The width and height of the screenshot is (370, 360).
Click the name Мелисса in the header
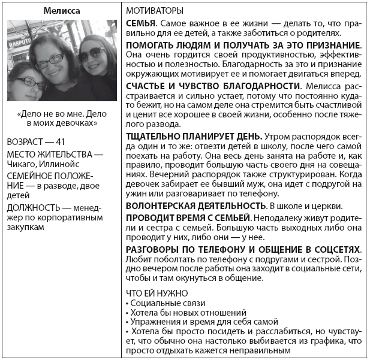(62, 11)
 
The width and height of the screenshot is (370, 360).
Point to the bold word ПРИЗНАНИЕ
(330, 46)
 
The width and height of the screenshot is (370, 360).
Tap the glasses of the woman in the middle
(51, 59)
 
